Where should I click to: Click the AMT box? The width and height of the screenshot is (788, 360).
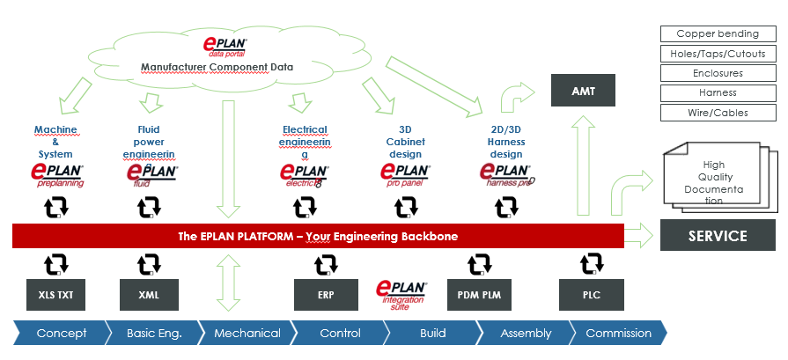click(x=581, y=92)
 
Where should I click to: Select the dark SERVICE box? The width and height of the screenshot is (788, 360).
click(x=718, y=236)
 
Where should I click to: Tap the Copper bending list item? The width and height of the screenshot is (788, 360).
click(x=718, y=34)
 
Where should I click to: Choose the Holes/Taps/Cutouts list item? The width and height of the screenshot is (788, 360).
click(x=718, y=54)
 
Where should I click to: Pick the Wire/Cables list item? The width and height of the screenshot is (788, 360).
click(x=718, y=113)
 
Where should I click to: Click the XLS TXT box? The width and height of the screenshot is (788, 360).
click(x=56, y=295)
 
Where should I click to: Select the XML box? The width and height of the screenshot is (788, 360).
click(x=149, y=295)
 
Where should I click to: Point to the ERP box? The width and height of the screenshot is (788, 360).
click(x=326, y=295)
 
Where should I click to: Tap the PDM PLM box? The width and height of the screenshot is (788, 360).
click(x=479, y=295)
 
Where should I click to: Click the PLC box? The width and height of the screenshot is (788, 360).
click(x=591, y=295)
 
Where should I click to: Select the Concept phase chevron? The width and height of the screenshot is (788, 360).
click(x=60, y=334)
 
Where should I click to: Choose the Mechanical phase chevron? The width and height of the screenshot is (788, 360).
click(x=247, y=334)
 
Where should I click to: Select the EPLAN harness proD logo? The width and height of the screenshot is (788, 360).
click(x=507, y=175)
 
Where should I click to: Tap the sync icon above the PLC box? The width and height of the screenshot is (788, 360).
click(x=591, y=263)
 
